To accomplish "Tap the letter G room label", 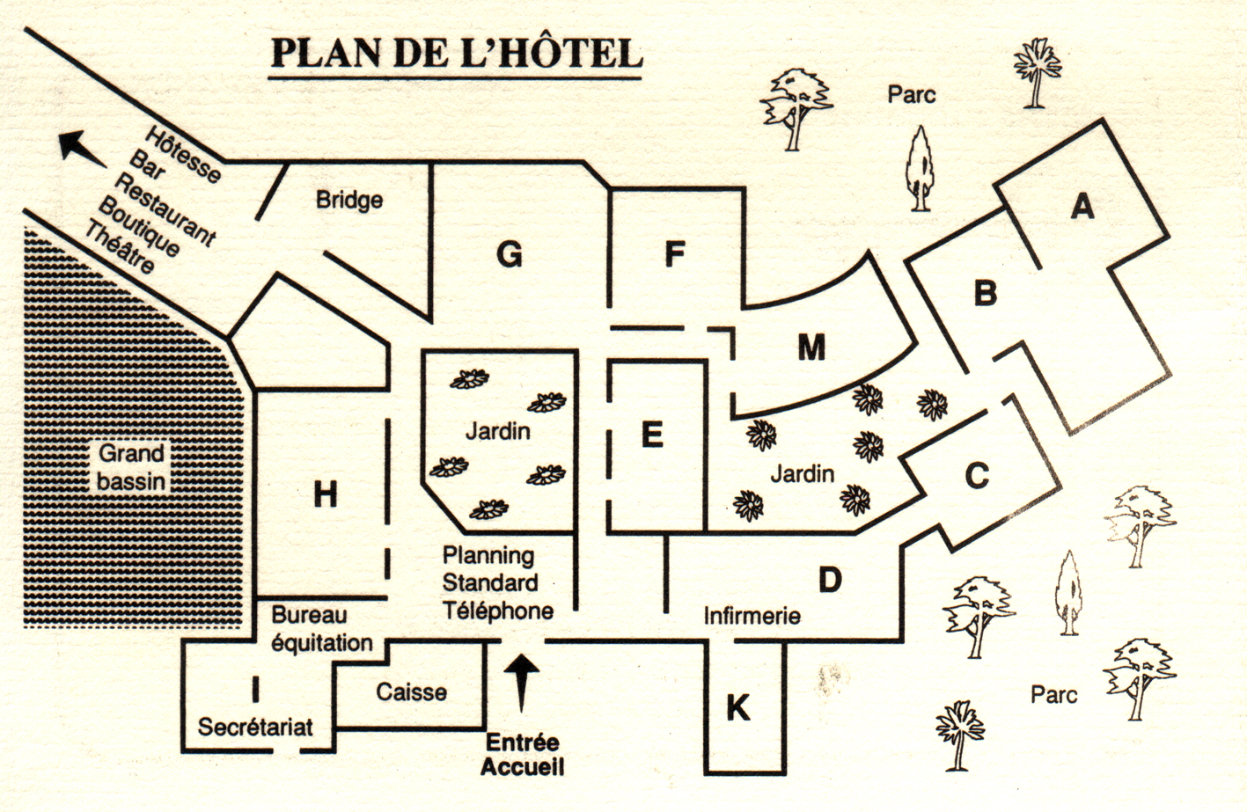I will tap(510, 254).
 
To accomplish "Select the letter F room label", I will tap(674, 254).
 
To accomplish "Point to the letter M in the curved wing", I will tap(811, 347).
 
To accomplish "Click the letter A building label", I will tap(1082, 206).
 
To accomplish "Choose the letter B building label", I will tap(985, 292).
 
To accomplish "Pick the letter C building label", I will tap(977, 476).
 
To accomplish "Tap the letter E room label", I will tap(652, 435).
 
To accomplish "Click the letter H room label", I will tap(326, 495).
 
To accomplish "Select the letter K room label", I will tap(737, 707).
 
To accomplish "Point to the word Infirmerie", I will tap(752, 616).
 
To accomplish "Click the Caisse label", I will tap(411, 692).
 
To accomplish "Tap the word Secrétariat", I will tap(255, 727).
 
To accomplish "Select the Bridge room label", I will tap(349, 200).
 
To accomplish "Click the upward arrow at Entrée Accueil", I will tap(523, 683).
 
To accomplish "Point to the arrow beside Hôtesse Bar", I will tap(82, 148).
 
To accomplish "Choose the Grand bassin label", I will tap(131, 467).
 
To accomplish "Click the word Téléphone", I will tap(498, 611).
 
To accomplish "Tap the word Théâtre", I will tap(119, 247).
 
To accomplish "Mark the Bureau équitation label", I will tap(321, 629).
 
